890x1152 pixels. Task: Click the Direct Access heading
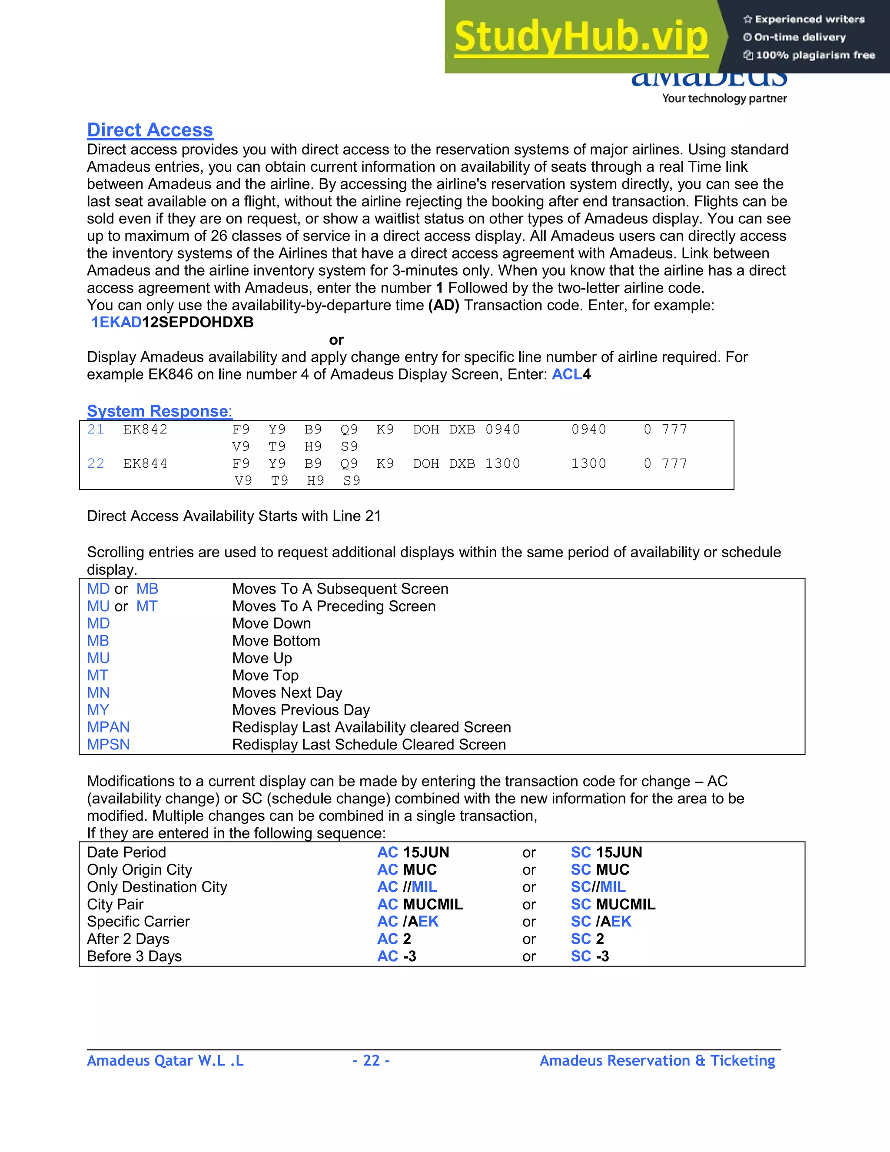150,130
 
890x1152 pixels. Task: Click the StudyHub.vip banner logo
581,37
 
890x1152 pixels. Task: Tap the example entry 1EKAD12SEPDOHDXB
172,322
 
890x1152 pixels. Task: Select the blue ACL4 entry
571,374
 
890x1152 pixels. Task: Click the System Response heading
159,411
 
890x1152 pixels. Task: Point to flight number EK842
145,430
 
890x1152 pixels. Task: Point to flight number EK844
145,464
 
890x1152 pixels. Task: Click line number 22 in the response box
96,464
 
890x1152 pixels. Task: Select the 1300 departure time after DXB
502,464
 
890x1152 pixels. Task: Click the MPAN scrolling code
108,727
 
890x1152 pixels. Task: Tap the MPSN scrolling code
108,744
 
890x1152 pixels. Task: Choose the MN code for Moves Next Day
98,693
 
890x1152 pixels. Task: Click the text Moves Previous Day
301,710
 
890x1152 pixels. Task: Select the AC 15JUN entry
413,852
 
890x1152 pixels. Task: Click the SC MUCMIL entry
613,904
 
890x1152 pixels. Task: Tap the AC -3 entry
396,956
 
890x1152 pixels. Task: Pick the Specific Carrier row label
138,922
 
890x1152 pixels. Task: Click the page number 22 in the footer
371,1060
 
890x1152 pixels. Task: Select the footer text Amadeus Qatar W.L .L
165,1060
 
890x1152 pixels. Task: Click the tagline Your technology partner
724,98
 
